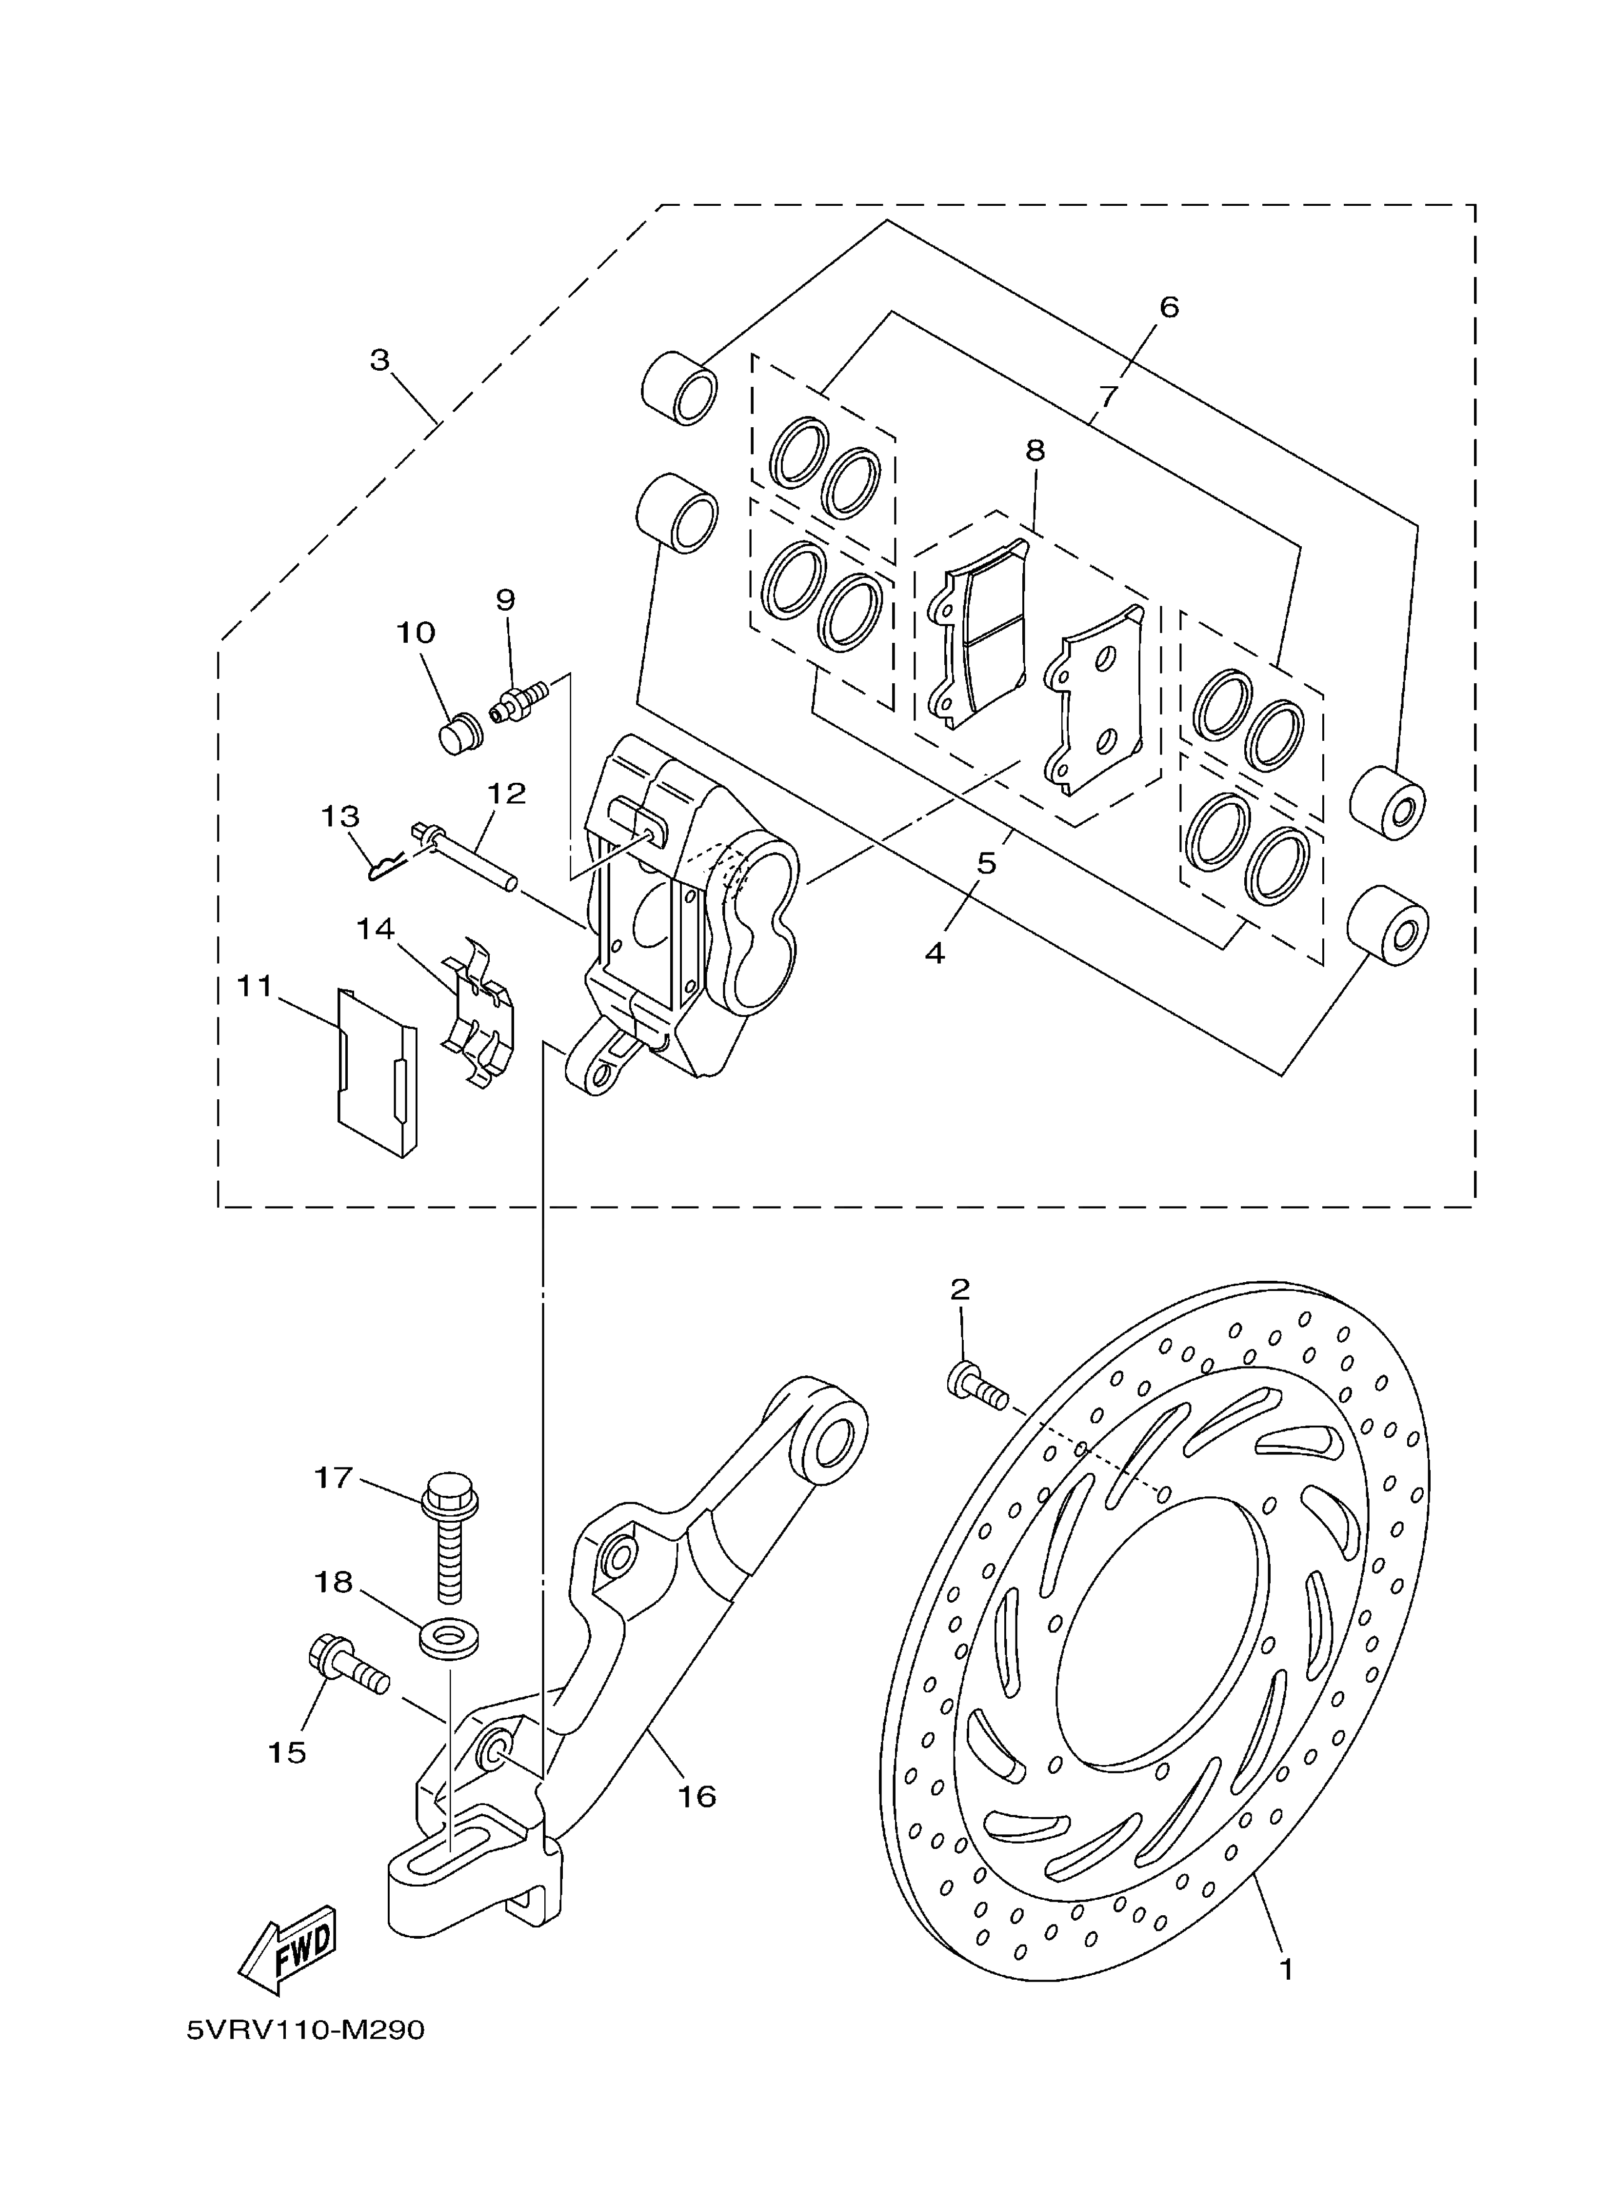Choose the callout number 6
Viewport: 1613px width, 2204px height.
[x=1169, y=306]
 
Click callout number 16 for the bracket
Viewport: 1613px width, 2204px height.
[x=697, y=1796]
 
